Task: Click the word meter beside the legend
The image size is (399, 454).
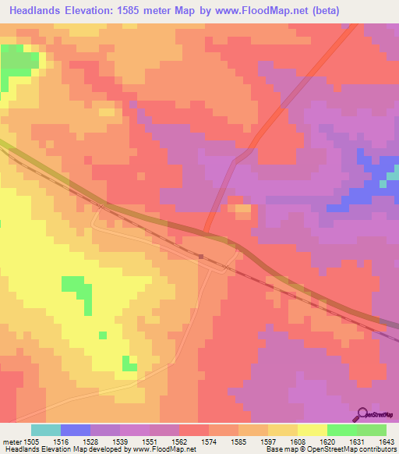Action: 13,441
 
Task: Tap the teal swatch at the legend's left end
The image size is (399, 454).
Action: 46,430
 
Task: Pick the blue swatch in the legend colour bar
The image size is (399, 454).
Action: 76,430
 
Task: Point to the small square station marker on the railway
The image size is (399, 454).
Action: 201,255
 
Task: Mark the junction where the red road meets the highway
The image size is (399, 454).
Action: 207,232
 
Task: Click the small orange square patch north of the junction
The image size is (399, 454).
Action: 243,209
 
